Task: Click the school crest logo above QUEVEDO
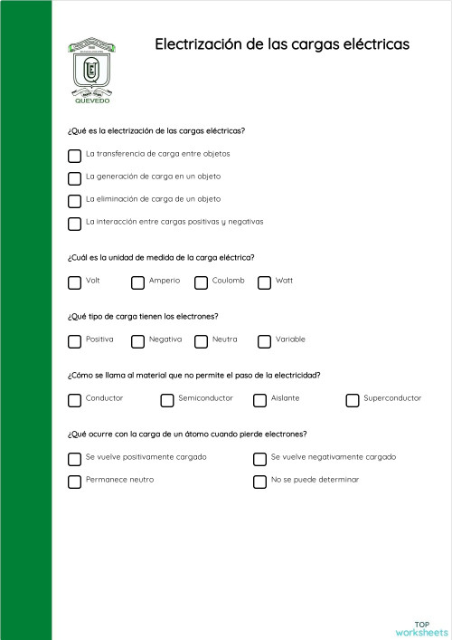pyautogui.click(x=92, y=66)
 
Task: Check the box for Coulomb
pyautogui.click(x=201, y=282)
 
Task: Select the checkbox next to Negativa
pyautogui.click(x=137, y=341)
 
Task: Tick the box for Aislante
pyautogui.click(x=259, y=400)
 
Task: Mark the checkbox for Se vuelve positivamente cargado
pyautogui.click(x=74, y=459)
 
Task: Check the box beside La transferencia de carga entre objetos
pyautogui.click(x=74, y=156)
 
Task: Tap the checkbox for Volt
pyautogui.click(x=74, y=282)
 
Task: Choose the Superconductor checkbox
pyautogui.click(x=353, y=400)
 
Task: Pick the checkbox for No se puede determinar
pyautogui.click(x=259, y=482)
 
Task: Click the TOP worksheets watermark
pyautogui.click(x=421, y=628)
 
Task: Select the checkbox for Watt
pyautogui.click(x=264, y=282)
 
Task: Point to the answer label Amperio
pyautogui.click(x=165, y=281)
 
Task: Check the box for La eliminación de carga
pyautogui.click(x=74, y=201)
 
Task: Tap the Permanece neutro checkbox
pyautogui.click(x=74, y=482)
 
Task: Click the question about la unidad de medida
pyautogui.click(x=161, y=256)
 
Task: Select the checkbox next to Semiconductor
pyautogui.click(x=167, y=400)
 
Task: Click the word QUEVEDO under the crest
pyautogui.click(x=91, y=101)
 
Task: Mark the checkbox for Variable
pyautogui.click(x=264, y=341)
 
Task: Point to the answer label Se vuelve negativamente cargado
pyautogui.click(x=333, y=457)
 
